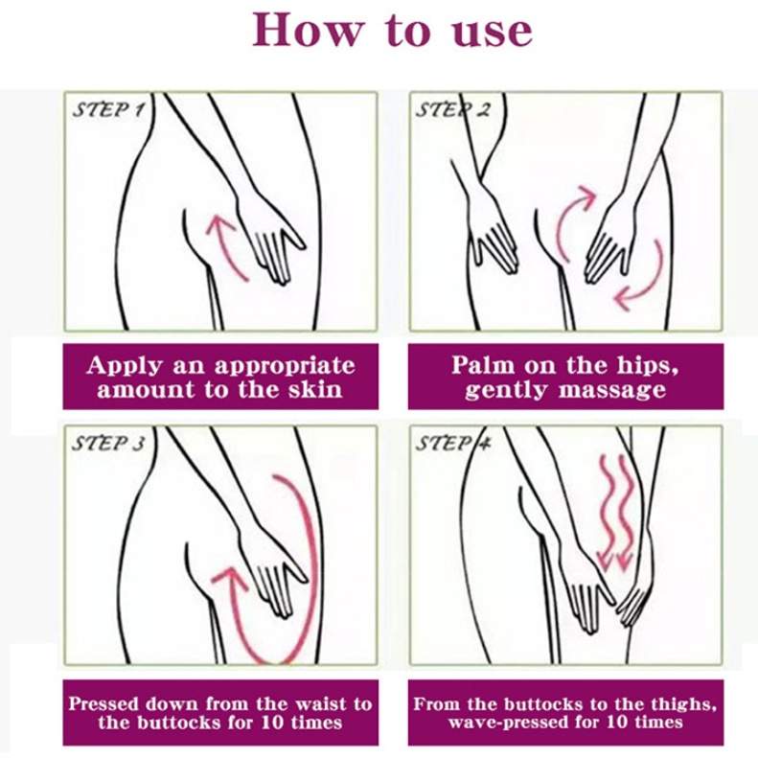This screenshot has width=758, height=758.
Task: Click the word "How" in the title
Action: [308, 30]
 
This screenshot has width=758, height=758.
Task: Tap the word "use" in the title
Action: [493, 32]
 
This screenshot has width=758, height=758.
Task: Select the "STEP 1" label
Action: [108, 110]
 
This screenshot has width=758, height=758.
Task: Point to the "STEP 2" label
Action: [453, 110]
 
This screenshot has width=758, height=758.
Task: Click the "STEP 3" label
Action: [108, 444]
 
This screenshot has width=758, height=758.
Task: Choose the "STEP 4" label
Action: [453, 444]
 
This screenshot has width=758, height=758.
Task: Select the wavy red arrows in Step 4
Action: [614, 513]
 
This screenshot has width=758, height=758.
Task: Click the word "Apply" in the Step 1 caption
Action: [124, 366]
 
